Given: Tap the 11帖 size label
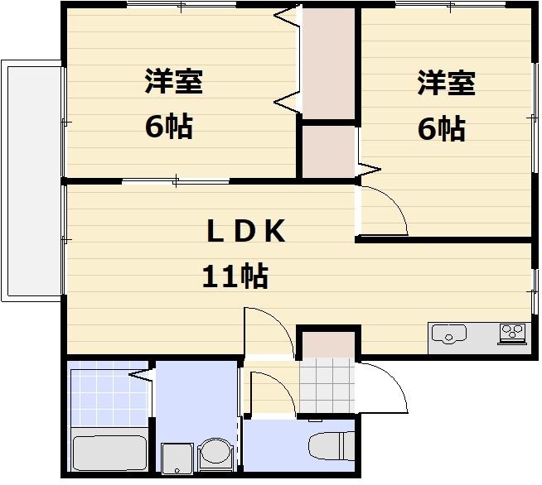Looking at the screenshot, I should pyautogui.click(x=235, y=276).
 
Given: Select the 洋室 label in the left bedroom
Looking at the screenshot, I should pyautogui.click(x=174, y=83).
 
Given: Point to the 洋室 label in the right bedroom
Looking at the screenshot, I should pyautogui.click(x=445, y=83).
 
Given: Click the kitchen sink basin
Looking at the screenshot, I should pyautogui.click(x=448, y=334).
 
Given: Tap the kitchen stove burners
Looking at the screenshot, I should pyautogui.click(x=512, y=334).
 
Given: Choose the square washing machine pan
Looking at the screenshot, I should pyautogui.click(x=178, y=458).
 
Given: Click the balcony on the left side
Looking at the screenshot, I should pyautogui.click(x=31, y=180).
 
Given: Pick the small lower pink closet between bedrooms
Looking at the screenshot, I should pyautogui.click(x=327, y=151).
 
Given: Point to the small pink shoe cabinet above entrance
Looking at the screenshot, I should pyautogui.click(x=327, y=343).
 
